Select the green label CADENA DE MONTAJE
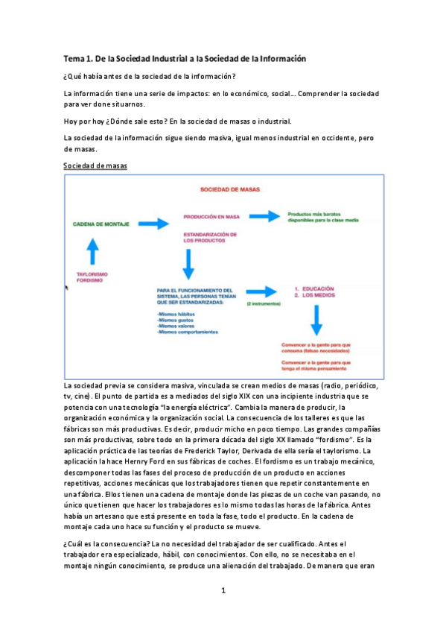pos(99,223)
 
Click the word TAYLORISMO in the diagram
pos(92,274)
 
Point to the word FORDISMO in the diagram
pos(89,281)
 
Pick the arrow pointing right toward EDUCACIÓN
pos(261,291)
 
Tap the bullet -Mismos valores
pos(176,326)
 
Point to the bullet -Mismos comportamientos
pos(188,332)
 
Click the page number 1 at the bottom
pos(223,591)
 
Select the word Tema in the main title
pos(75,58)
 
